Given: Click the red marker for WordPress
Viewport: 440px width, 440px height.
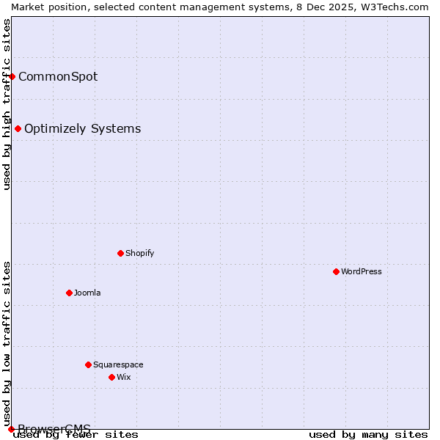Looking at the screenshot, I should [x=336, y=271].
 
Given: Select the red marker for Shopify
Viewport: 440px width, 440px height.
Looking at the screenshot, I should [x=120, y=253].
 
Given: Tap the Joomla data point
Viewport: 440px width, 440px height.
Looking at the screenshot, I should [x=69, y=293].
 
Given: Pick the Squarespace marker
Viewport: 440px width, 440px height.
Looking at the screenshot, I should [x=88, y=364].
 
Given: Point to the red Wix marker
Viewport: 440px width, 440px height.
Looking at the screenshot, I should [x=111, y=377].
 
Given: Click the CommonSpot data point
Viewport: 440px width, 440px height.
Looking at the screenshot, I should [x=12, y=76].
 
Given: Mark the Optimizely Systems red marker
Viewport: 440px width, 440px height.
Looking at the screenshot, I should [x=18, y=128].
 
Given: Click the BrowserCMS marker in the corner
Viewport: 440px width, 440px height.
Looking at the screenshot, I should [x=11, y=429].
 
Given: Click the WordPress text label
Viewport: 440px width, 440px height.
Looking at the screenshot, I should [x=362, y=271].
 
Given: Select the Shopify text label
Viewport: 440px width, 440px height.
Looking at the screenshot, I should [x=139, y=253].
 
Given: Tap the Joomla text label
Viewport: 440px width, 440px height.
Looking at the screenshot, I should [x=87, y=293].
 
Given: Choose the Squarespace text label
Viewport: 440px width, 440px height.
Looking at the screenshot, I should [x=118, y=364].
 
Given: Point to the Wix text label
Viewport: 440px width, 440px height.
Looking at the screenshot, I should [x=124, y=377].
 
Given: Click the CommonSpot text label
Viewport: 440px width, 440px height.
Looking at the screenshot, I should [x=58, y=76].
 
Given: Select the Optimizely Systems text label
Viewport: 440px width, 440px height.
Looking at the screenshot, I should [x=82, y=128].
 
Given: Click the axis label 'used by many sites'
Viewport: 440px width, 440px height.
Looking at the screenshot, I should [x=368, y=435].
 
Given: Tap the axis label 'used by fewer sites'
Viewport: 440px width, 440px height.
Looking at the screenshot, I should [x=76, y=435].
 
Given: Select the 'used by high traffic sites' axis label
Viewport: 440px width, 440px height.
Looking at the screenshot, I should [x=7, y=104].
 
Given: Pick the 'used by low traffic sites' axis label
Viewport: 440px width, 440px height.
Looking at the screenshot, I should [x=7, y=343].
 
